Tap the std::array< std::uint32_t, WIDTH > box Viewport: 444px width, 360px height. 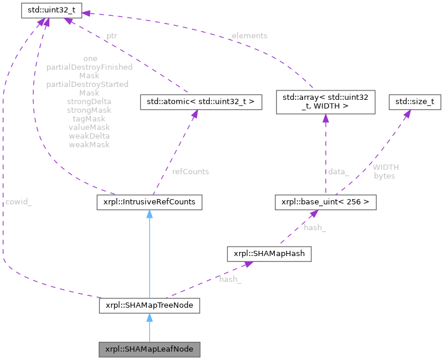[325, 100]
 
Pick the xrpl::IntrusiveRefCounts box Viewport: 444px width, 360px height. [149, 202]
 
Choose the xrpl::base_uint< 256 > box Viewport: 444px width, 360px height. [325, 202]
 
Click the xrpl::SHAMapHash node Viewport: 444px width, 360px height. [268, 254]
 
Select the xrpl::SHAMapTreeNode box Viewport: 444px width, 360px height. [149, 305]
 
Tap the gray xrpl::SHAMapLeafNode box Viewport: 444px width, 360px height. [149, 349]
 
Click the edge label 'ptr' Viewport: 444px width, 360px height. [112, 36]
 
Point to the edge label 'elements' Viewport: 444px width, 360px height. [249, 36]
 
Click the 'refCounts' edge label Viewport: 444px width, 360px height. [190, 171]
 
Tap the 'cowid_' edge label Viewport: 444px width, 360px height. [19, 201]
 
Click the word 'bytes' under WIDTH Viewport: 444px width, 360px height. [384, 176]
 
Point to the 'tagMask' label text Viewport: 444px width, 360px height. [89, 119]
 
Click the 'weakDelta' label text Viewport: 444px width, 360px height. [89, 136]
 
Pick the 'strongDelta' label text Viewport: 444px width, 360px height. [89, 102]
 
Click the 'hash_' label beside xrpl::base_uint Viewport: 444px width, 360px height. [315, 227]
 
